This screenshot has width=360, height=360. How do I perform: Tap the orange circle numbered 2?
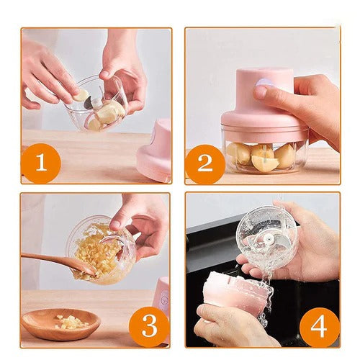click(x=205, y=163)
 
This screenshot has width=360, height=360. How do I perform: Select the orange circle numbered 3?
click(x=148, y=326)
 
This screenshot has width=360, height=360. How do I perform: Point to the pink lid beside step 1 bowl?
click(x=155, y=151)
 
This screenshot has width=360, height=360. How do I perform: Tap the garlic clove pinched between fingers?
click(x=82, y=94)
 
